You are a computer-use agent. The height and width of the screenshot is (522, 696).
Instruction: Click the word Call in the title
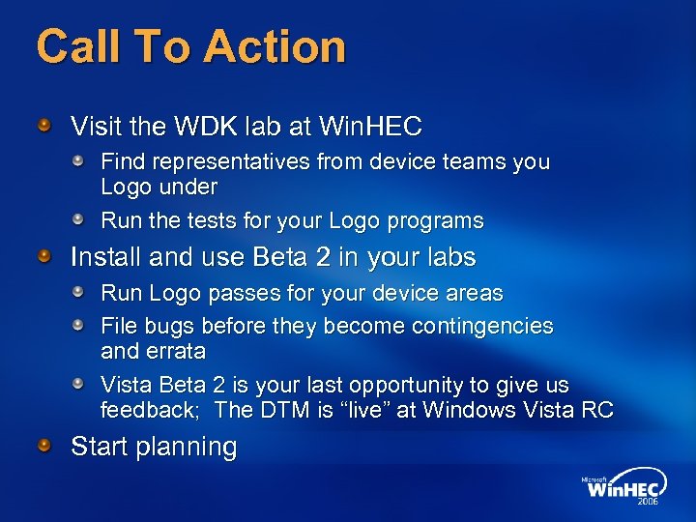click(71, 46)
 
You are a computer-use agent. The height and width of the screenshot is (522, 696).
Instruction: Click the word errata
click(175, 350)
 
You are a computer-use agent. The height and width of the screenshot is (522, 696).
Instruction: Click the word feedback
click(148, 410)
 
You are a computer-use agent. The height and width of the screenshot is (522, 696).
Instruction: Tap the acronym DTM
click(291, 410)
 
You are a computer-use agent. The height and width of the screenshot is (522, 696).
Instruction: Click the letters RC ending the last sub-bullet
click(597, 410)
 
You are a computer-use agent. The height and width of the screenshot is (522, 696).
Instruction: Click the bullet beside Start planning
click(44, 445)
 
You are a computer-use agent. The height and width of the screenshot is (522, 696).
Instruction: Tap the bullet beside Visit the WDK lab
click(44, 126)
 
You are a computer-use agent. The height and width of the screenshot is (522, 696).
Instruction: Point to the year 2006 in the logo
click(649, 502)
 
